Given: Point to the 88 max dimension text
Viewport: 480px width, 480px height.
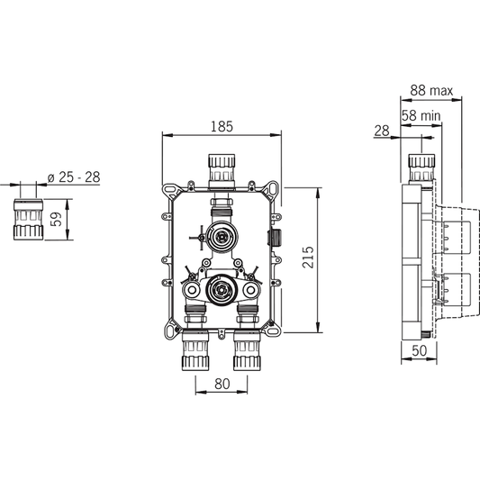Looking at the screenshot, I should [x=430, y=90].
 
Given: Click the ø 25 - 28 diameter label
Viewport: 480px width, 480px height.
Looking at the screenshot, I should [x=74, y=177].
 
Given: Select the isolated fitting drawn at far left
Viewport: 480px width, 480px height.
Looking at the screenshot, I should [x=28, y=219].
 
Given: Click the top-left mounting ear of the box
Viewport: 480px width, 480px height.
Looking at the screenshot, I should [x=168, y=190].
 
